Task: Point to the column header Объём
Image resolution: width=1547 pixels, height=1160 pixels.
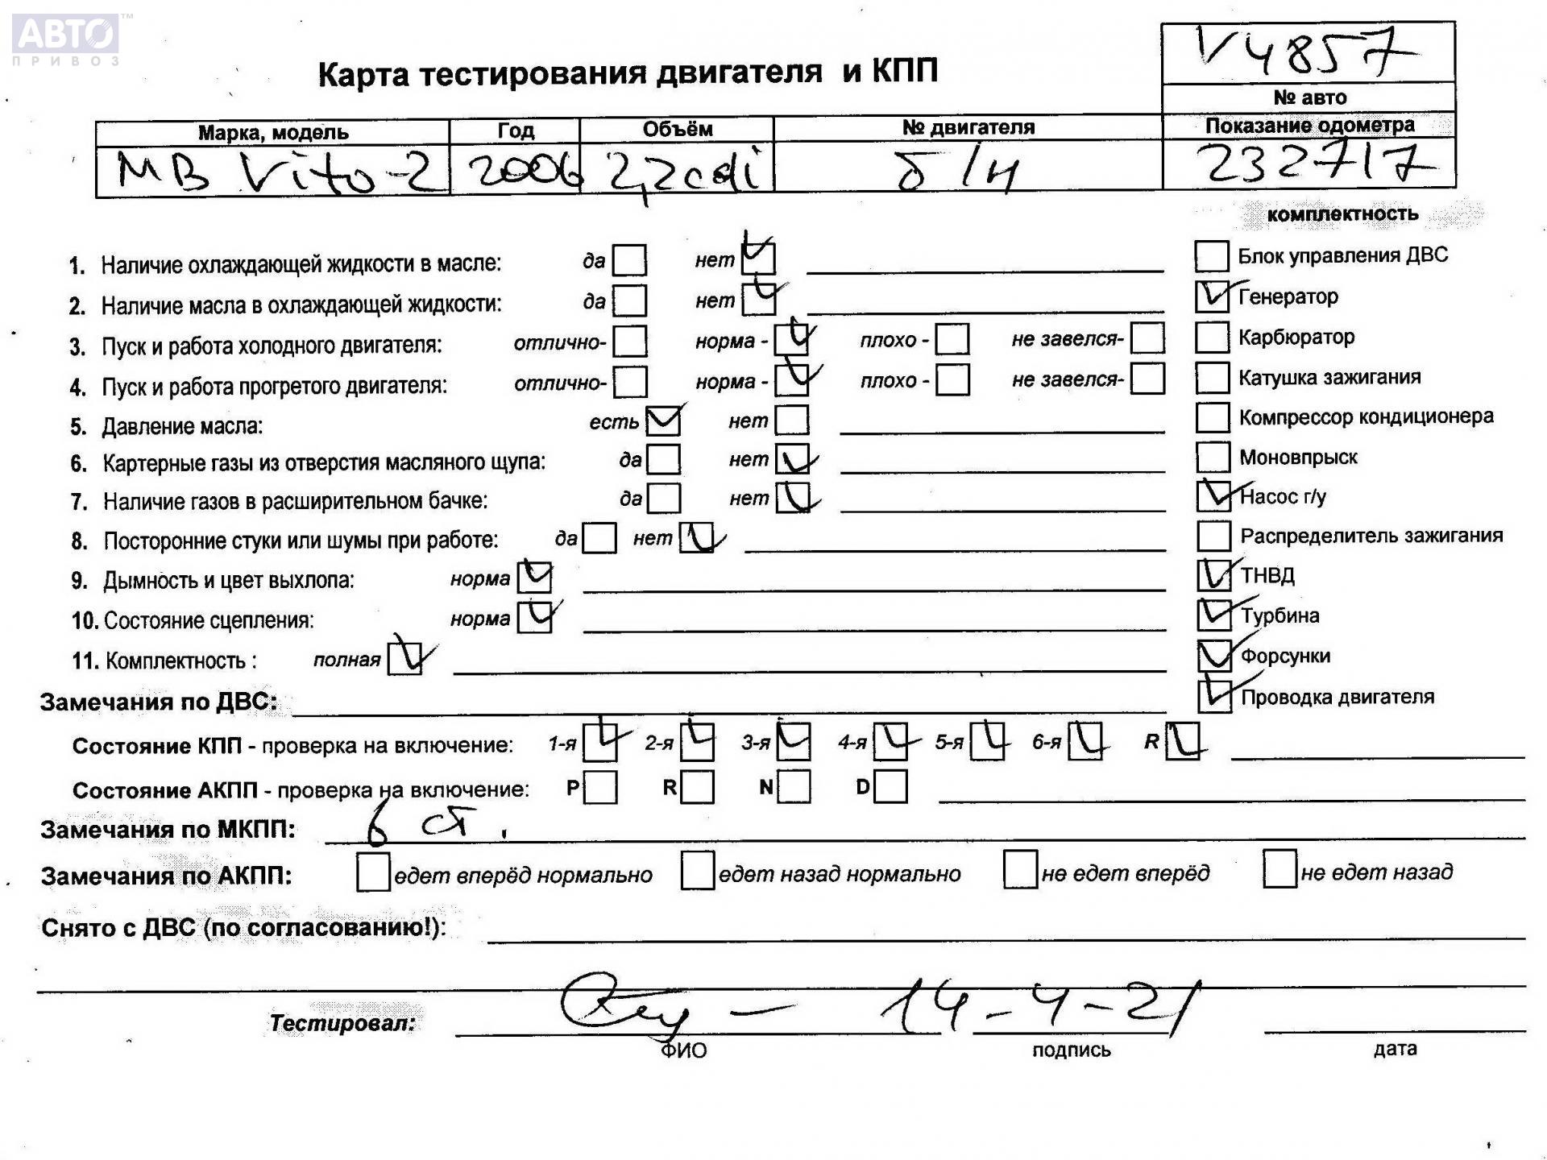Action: tap(677, 129)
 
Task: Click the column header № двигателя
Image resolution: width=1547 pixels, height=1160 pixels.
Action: tap(968, 127)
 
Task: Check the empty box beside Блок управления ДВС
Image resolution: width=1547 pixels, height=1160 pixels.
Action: tap(1211, 256)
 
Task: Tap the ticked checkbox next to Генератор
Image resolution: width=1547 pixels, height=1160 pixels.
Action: tap(1212, 296)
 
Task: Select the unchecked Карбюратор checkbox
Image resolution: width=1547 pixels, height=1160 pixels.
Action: tap(1212, 338)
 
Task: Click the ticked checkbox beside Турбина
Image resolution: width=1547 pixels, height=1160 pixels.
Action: tap(1213, 615)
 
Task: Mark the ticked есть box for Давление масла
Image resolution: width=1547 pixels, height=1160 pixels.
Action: tap(664, 420)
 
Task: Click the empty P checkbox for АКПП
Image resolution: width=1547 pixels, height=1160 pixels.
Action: tap(600, 788)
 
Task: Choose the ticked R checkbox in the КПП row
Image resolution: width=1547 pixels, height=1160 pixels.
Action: tap(1182, 741)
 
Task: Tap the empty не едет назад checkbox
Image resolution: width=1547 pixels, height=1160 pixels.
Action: tap(1279, 870)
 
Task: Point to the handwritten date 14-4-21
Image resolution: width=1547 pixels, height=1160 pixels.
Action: tap(1039, 1007)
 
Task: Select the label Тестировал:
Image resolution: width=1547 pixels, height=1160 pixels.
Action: tap(342, 1023)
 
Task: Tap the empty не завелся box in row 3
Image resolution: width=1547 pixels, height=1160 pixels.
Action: tap(1147, 338)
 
